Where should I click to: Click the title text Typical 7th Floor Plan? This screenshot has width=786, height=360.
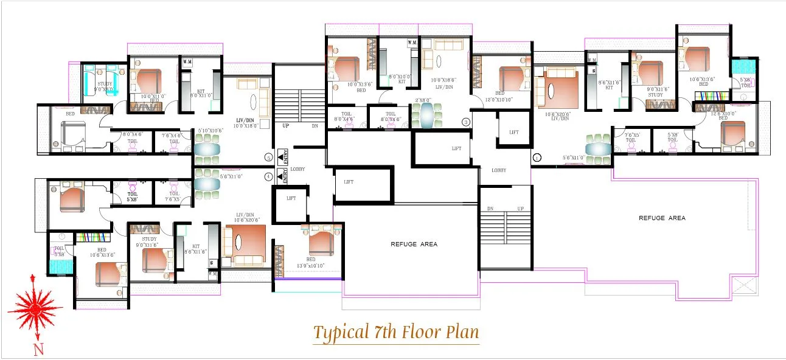396,333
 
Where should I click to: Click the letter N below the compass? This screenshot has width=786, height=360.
38,349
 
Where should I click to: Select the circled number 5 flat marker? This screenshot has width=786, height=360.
269,157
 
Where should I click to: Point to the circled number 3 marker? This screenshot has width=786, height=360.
466,122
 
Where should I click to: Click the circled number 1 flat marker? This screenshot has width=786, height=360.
536,157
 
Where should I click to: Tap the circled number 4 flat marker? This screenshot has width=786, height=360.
269,177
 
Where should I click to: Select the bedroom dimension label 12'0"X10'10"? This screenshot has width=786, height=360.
499,98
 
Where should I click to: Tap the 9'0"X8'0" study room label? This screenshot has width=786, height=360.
103,89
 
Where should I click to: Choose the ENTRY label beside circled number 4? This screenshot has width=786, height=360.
282,176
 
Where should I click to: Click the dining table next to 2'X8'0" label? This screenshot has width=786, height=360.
424,115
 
